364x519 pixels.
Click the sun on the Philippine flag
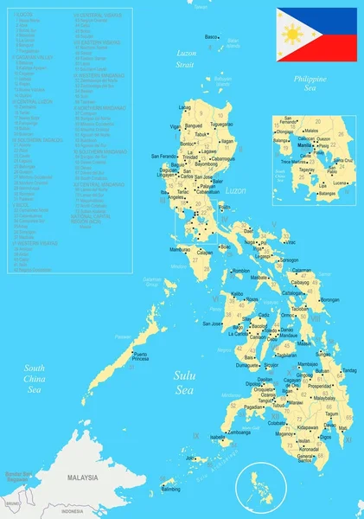pyautogui.click(x=292, y=35)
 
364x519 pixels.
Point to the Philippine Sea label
pyautogui.click(x=309, y=83)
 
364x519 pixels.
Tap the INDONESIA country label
pyautogui.click(x=73, y=511)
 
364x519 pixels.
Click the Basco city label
pyautogui.click(x=211, y=37)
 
